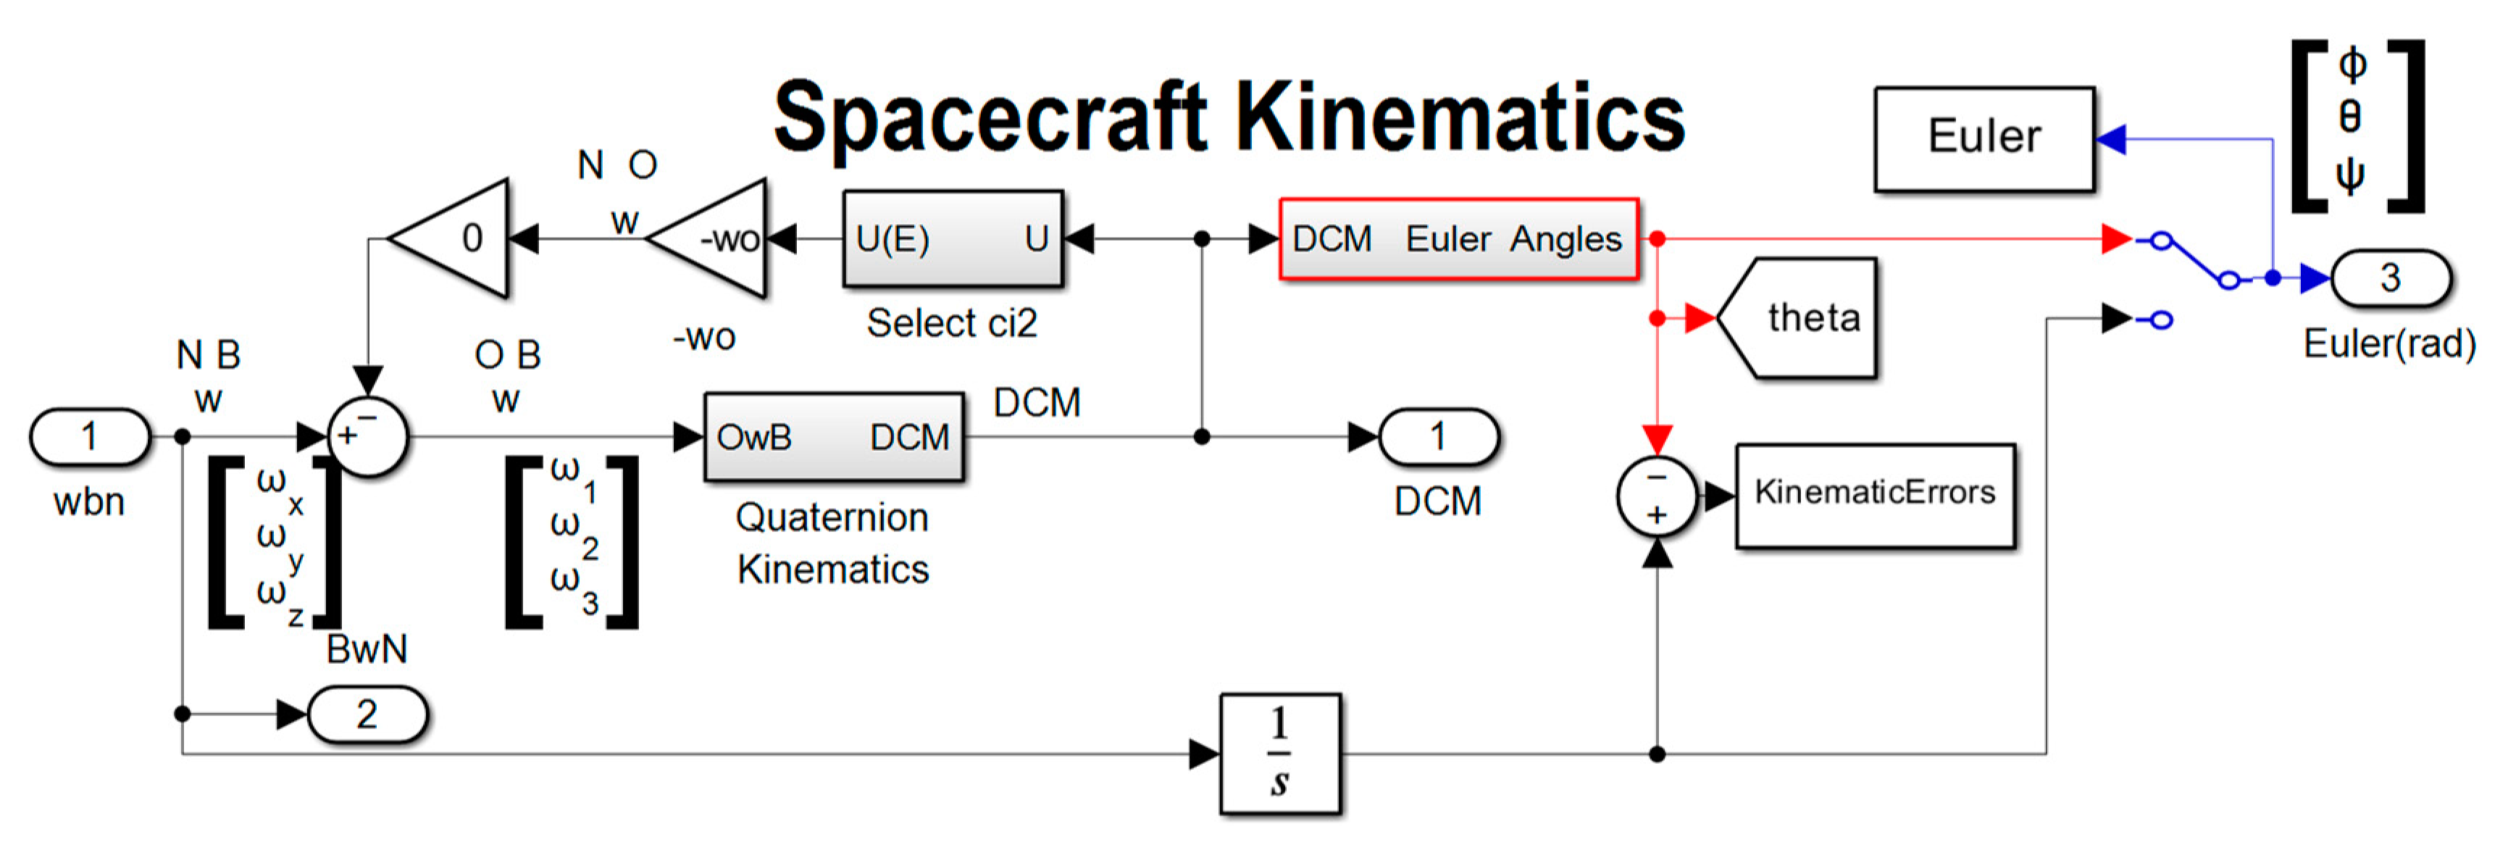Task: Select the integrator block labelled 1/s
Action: pyautogui.click(x=1280, y=754)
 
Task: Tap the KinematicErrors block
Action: pyautogui.click(x=1874, y=495)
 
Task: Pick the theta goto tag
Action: pyautogui.click(x=1801, y=317)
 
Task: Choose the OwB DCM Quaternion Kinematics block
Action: pyautogui.click(x=833, y=437)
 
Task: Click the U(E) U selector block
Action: pyautogui.click(x=952, y=238)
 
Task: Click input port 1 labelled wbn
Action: pyautogui.click(x=91, y=436)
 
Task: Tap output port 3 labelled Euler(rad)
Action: pyautogui.click(x=2389, y=278)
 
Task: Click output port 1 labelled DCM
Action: pyautogui.click(x=1438, y=436)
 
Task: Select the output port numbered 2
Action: pyautogui.click(x=367, y=715)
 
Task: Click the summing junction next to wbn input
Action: pyautogui.click(x=367, y=437)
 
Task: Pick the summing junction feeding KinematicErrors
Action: pyautogui.click(x=1657, y=496)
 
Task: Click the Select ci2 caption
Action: pyautogui.click(x=952, y=323)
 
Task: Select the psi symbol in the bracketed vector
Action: pyautogui.click(x=2350, y=176)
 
